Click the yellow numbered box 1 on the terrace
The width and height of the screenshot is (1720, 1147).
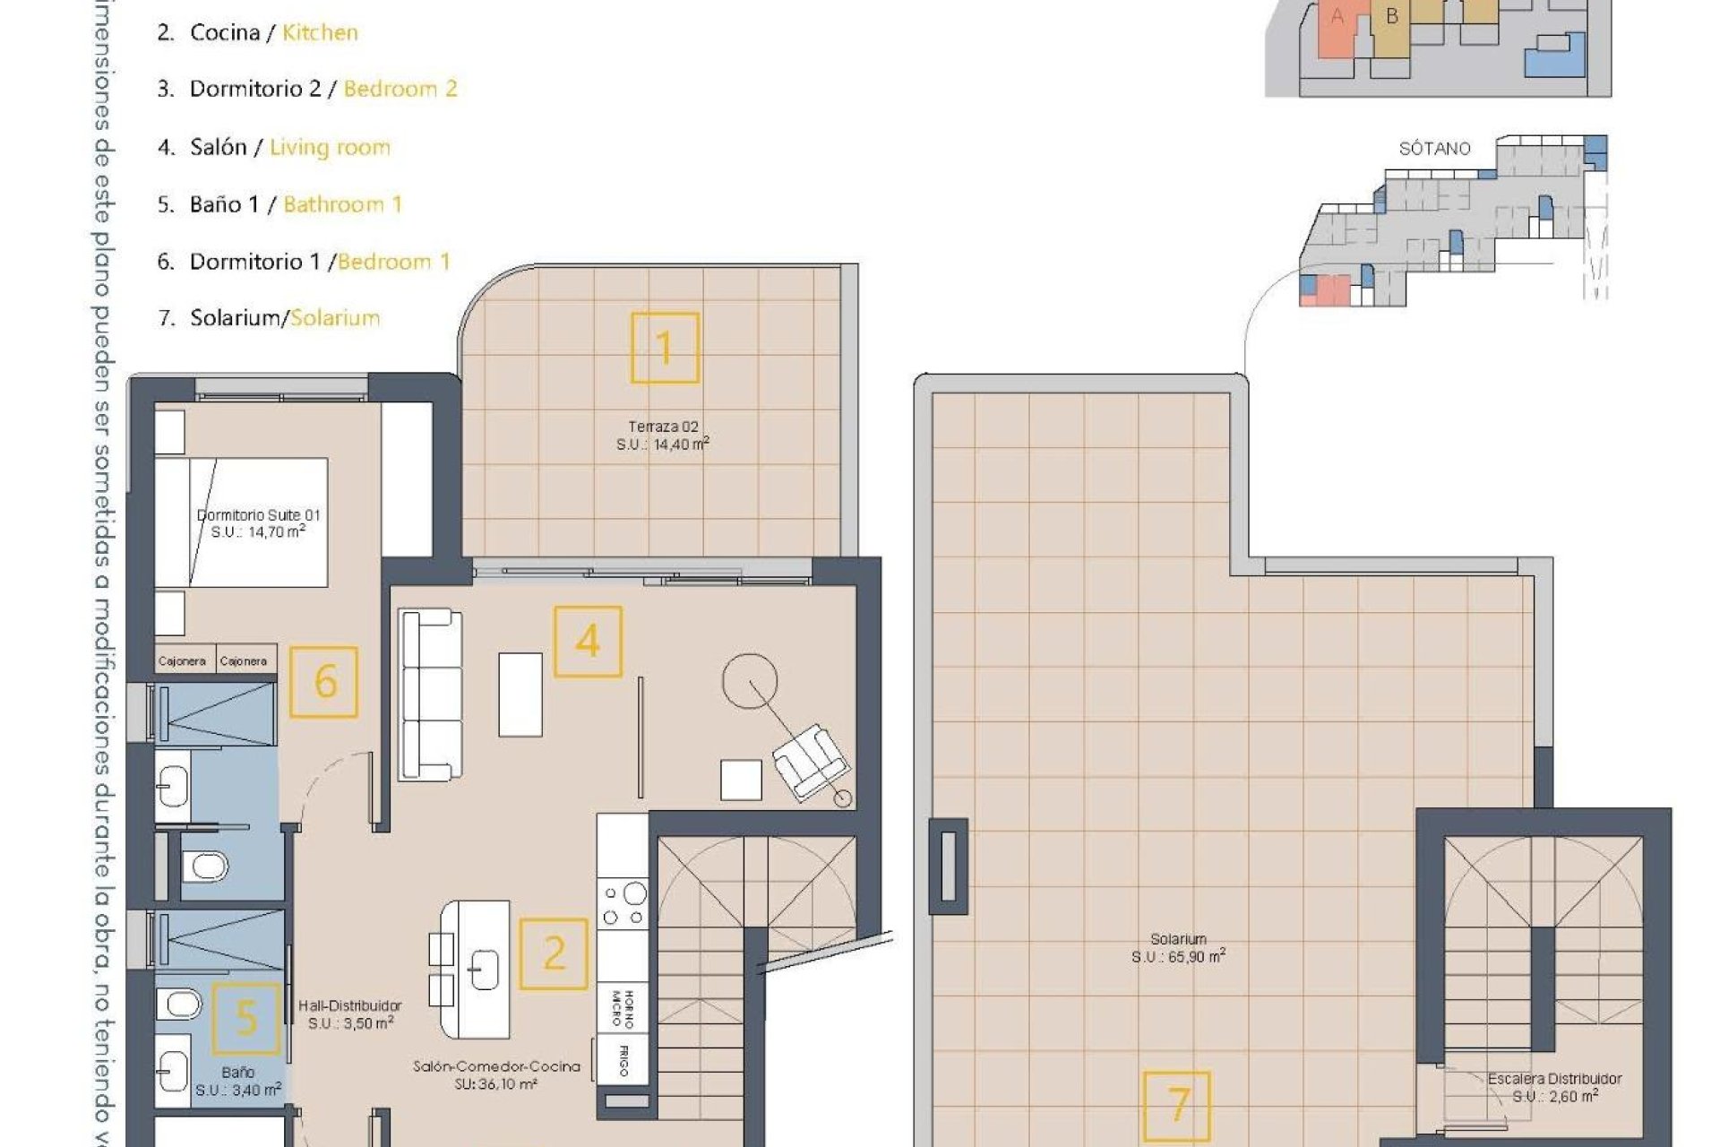coord(664,348)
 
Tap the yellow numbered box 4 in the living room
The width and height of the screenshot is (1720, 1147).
coord(588,642)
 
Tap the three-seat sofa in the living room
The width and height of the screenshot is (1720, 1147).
coord(430,694)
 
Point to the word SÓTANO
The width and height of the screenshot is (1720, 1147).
coord(1434,149)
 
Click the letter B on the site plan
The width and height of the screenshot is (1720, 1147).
coord(1391,16)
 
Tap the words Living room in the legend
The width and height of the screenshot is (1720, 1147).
coord(330,147)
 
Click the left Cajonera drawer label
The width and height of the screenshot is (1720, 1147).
coord(182,661)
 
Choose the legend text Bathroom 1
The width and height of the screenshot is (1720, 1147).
coord(342,204)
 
